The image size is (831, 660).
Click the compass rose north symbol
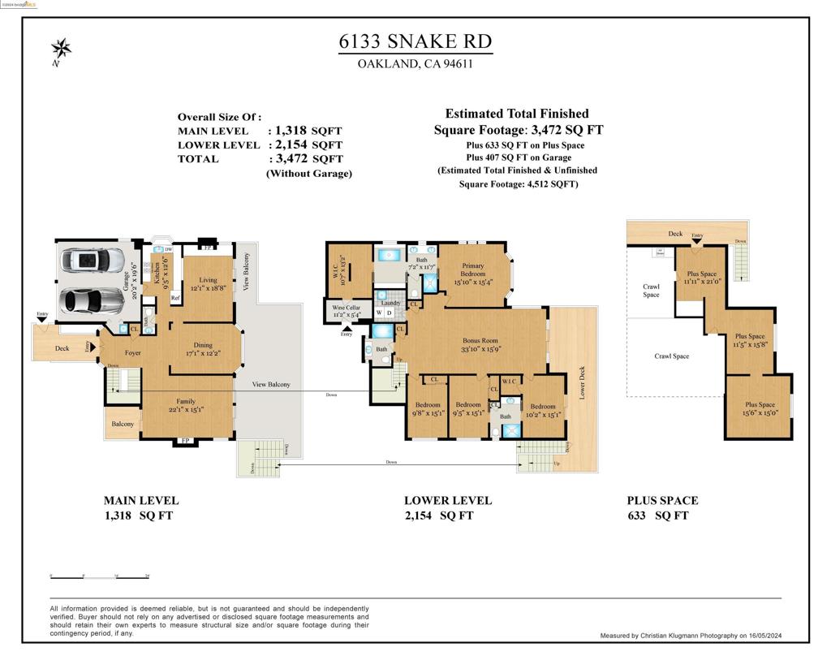[61, 49]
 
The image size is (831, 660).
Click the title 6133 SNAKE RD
[415, 41]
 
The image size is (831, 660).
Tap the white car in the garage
[93, 261]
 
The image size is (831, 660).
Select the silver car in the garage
[93, 300]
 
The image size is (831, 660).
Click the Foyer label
[132, 353]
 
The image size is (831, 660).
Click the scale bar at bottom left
[100, 576]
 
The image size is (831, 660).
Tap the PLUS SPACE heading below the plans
[661, 501]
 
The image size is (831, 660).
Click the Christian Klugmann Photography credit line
[691, 636]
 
